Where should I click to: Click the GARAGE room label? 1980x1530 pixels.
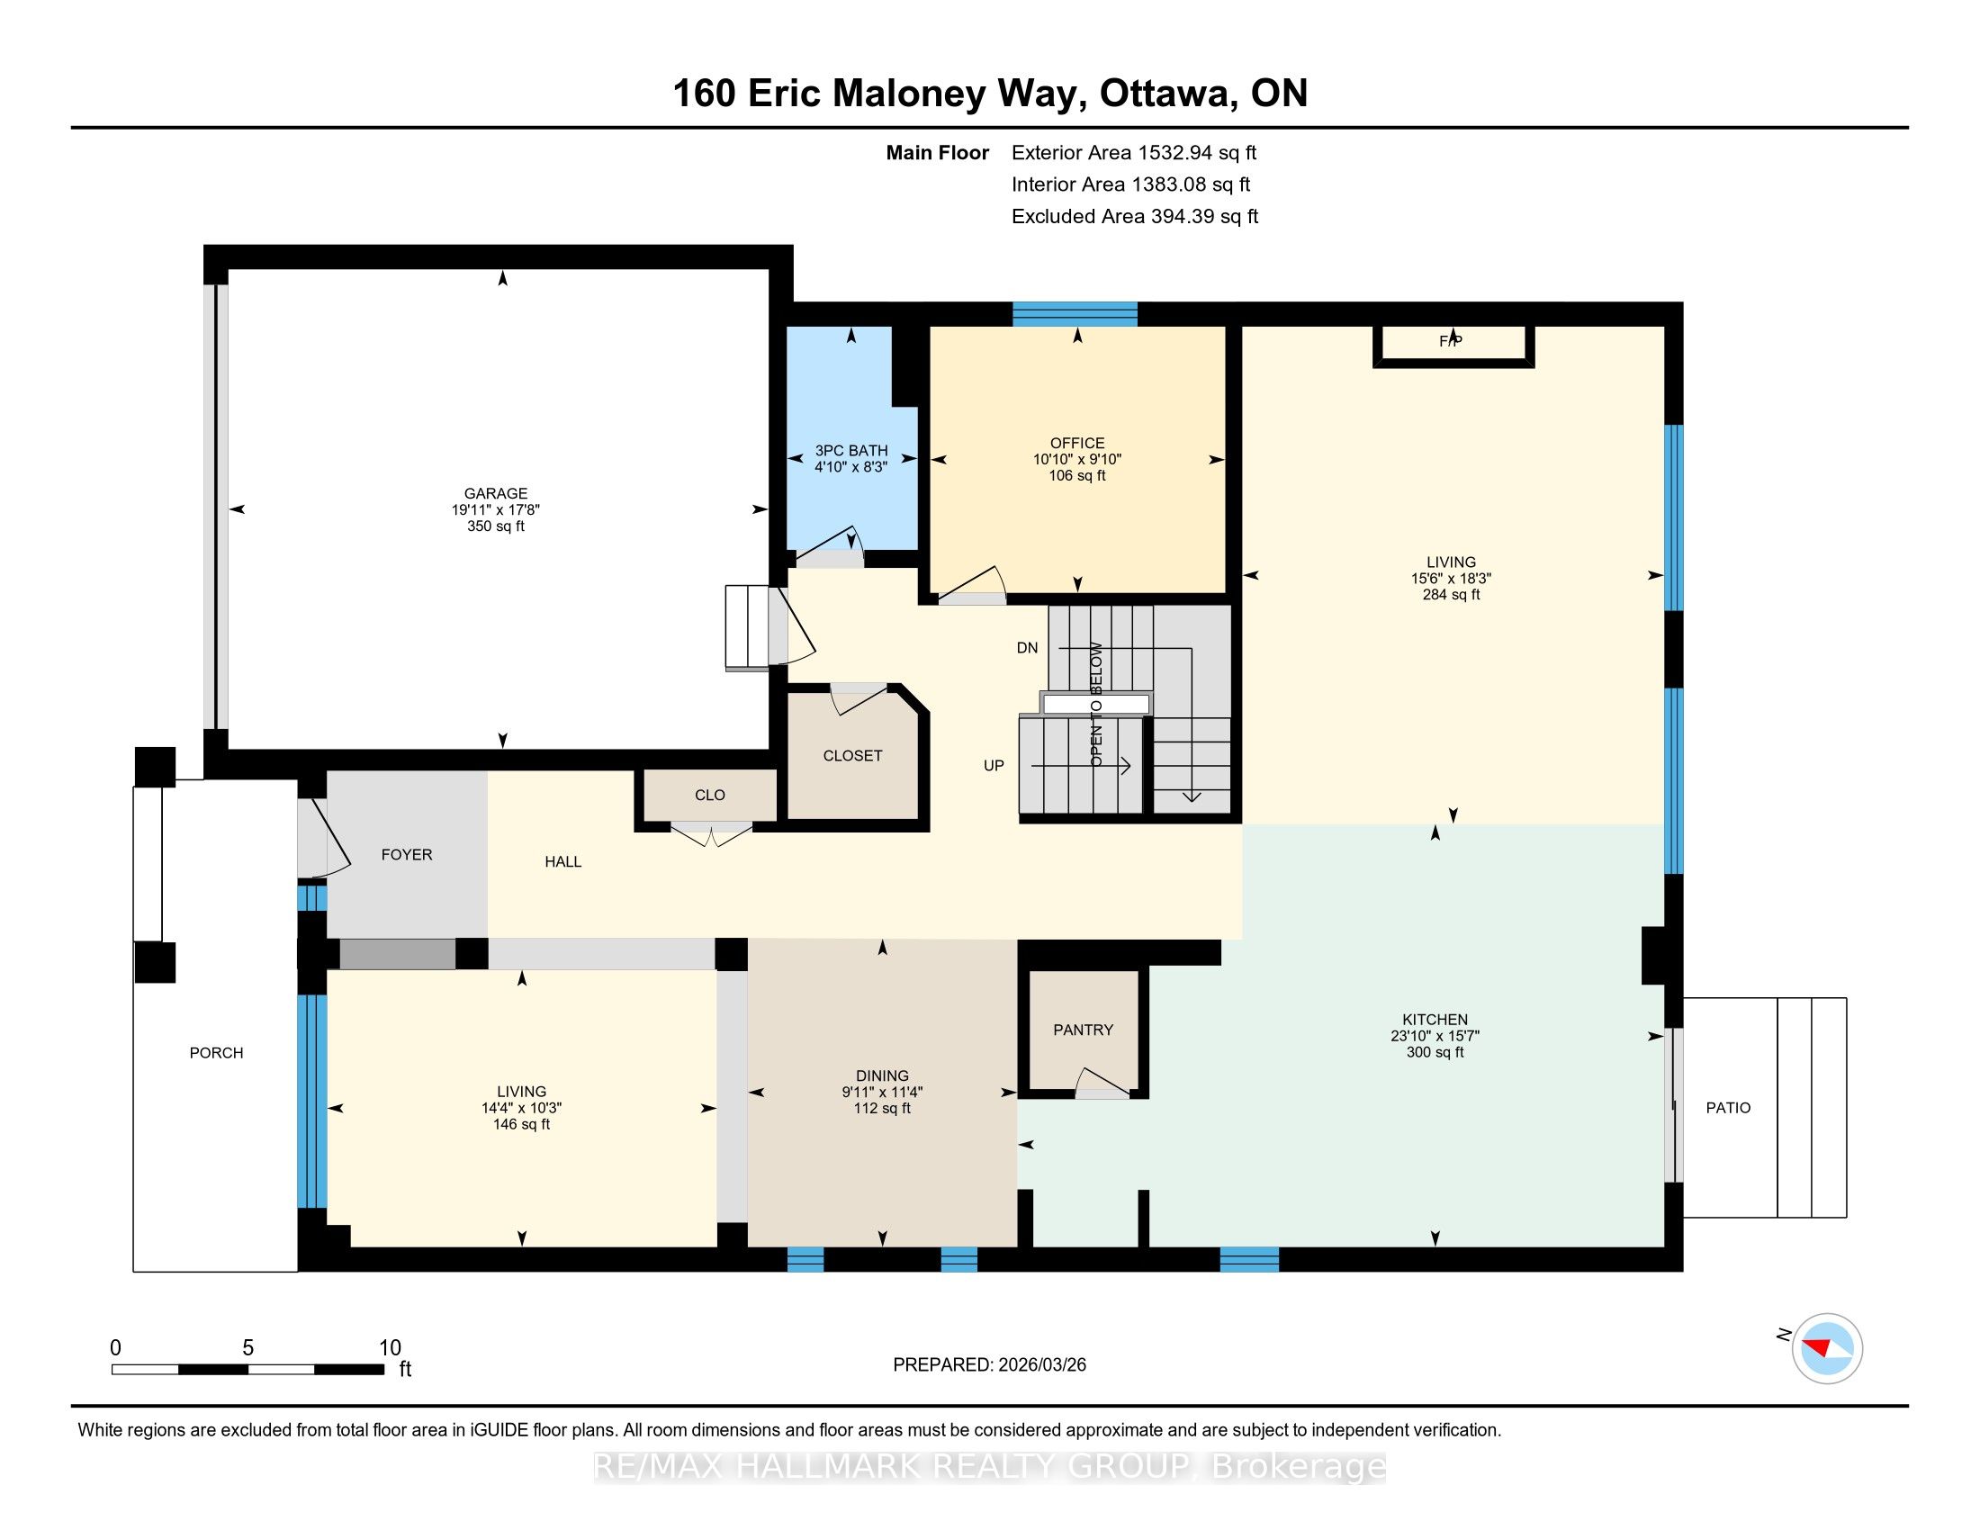coord(495,493)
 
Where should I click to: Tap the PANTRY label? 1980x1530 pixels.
coord(1083,1030)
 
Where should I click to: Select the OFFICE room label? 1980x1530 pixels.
coord(1077,443)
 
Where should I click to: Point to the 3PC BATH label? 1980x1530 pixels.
coord(850,451)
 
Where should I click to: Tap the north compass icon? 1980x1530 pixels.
coord(1827,1349)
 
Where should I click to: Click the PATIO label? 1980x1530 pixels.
coord(1728,1108)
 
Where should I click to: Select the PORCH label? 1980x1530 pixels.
coord(216,1052)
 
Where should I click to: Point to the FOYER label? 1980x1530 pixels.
coord(406,855)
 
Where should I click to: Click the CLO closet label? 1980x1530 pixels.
coord(710,795)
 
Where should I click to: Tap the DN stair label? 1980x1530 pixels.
coord(1027,648)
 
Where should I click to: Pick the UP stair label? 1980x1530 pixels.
coord(994,766)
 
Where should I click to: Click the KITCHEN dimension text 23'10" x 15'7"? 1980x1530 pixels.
coord(1435,1036)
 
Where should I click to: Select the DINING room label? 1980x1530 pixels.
coord(881,1075)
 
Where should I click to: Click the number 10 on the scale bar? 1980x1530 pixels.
coord(390,1348)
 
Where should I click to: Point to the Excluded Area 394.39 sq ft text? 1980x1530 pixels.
coord(1135,217)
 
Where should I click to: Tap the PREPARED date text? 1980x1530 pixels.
coord(989,1365)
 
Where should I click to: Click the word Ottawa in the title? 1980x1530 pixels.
coord(1168,94)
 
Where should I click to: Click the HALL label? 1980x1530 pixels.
coord(563,862)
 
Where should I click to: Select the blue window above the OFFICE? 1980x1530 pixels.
coord(1075,313)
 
